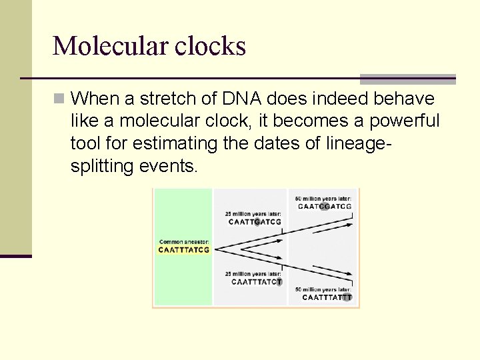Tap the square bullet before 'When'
tap(59, 99)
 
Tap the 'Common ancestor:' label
tap(184, 241)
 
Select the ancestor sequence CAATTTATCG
tap(184, 250)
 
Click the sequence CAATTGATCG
tap(255, 222)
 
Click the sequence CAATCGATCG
tap(324, 206)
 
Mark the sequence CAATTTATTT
tap(327, 297)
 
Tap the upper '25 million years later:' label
tap(253, 213)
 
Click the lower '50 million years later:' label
tap(323, 289)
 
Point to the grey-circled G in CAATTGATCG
tap(257, 222)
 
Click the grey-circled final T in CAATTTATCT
tap(279, 282)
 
